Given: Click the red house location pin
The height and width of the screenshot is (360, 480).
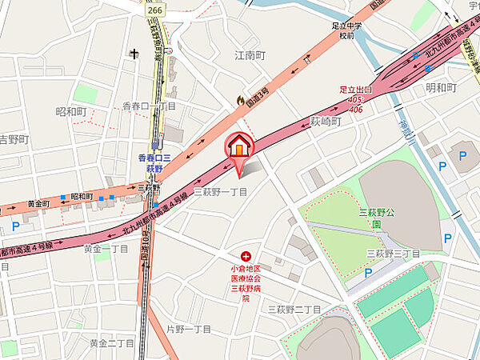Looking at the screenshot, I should (238, 147).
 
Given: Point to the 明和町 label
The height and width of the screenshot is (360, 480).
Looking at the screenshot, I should (440, 86).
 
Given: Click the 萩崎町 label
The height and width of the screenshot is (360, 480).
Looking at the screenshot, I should (326, 121).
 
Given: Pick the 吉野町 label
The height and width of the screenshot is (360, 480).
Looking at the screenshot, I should (14, 139).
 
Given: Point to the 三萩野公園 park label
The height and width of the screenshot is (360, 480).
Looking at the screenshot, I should (374, 218).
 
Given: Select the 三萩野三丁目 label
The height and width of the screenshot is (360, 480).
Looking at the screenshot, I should (393, 254).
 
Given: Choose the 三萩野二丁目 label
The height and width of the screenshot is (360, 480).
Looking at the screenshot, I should (294, 308).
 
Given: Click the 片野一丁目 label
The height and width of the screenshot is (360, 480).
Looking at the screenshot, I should (188, 329).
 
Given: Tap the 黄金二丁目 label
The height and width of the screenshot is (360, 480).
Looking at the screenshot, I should (111, 343).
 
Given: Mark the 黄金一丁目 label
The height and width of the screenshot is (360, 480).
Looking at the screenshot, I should (106, 248).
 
